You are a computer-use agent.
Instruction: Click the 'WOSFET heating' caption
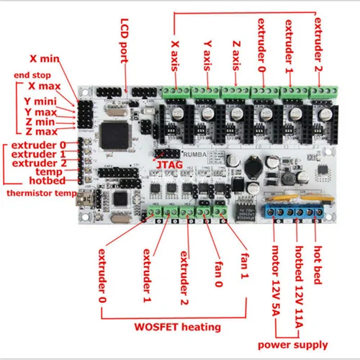pos(181,327)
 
